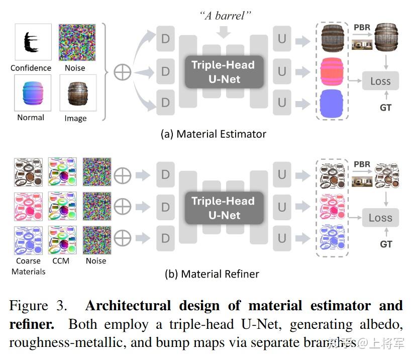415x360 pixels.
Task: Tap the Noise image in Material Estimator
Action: coord(74,42)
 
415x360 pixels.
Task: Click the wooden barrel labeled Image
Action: coord(74,93)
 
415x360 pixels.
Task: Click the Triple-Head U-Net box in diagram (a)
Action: coord(223,72)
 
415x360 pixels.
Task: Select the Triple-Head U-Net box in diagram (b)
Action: coord(223,208)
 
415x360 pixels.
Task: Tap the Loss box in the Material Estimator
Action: coord(380,81)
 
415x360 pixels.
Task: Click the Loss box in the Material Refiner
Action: coord(380,218)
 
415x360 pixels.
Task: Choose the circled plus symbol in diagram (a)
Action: coord(123,72)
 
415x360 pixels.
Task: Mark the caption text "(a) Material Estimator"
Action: coord(213,134)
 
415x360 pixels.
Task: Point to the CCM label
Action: coord(61,261)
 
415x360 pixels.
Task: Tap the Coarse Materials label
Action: coord(29,266)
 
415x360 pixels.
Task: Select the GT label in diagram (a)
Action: coord(385,107)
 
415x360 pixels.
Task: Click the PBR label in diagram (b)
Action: coord(362,164)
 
